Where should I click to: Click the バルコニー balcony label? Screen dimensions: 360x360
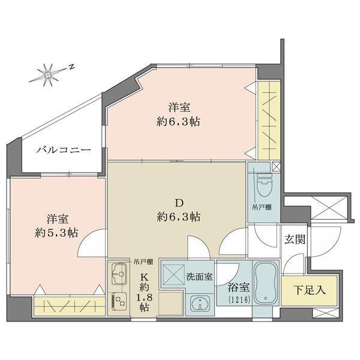coord(64,151)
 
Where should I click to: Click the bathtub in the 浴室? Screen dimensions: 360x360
coord(266,283)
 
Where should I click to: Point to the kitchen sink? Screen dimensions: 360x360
coord(119,274)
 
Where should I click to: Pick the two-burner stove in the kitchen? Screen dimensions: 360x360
coord(119,302)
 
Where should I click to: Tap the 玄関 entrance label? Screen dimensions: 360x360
coord(295,239)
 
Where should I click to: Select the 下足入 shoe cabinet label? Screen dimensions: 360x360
coord(310,290)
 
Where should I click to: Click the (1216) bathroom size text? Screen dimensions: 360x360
coord(239,299)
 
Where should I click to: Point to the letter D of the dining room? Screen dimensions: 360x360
coord(179,203)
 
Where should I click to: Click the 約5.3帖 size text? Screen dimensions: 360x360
coord(56,233)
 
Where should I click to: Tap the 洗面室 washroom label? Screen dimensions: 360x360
coord(199,277)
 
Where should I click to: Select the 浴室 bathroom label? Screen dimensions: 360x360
coord(239,287)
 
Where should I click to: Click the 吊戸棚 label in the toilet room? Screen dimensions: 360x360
coord(262,208)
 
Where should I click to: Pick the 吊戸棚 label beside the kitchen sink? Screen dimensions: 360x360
coord(143,262)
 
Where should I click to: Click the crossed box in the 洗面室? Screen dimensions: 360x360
coord(173,275)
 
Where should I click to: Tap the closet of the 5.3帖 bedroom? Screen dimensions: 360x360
coord(70,306)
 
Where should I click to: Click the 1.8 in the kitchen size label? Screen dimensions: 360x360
coord(145,298)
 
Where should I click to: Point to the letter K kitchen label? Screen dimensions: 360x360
coord(144,277)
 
